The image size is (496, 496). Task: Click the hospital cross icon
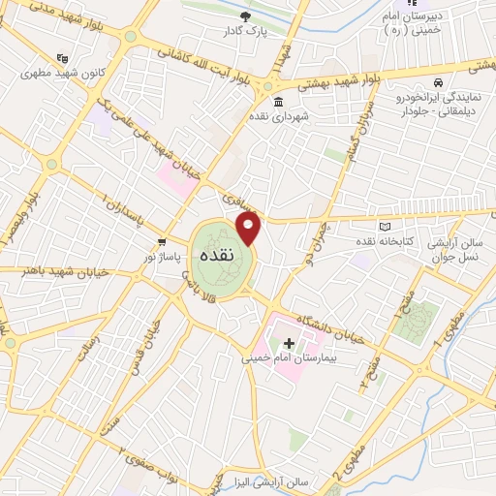click(x=289, y=343)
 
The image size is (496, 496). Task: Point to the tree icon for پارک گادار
click(x=246, y=16)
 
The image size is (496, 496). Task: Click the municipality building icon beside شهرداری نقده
click(x=278, y=102)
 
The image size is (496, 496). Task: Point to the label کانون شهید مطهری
click(x=92, y=74)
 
